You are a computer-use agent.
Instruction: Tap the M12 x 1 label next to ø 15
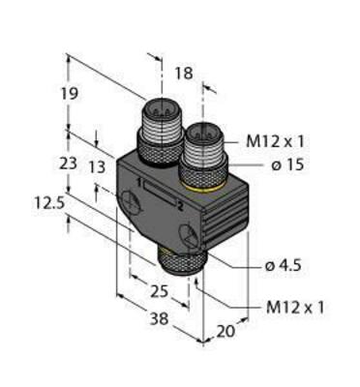pyautogui.click(x=268, y=140)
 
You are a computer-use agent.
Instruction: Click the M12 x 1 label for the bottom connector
pyautogui.click(x=295, y=309)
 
